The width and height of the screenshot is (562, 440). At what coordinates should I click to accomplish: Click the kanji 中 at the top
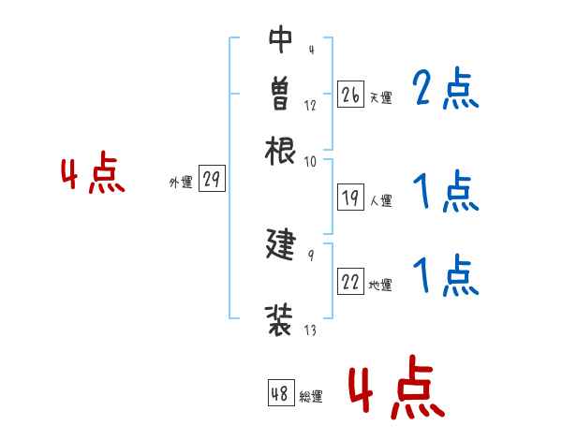click(281, 38)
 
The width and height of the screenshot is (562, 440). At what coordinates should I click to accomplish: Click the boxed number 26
click(351, 95)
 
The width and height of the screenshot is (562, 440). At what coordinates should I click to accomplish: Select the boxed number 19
click(351, 198)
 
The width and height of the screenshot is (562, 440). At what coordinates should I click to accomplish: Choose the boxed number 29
click(212, 181)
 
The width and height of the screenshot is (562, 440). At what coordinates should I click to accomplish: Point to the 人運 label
click(380, 200)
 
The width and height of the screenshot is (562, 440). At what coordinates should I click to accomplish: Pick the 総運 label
click(311, 397)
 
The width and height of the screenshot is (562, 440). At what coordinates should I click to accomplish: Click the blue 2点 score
click(446, 90)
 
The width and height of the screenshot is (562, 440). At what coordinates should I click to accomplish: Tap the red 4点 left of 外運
click(93, 175)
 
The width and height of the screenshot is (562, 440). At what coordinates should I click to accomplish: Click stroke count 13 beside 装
click(310, 330)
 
